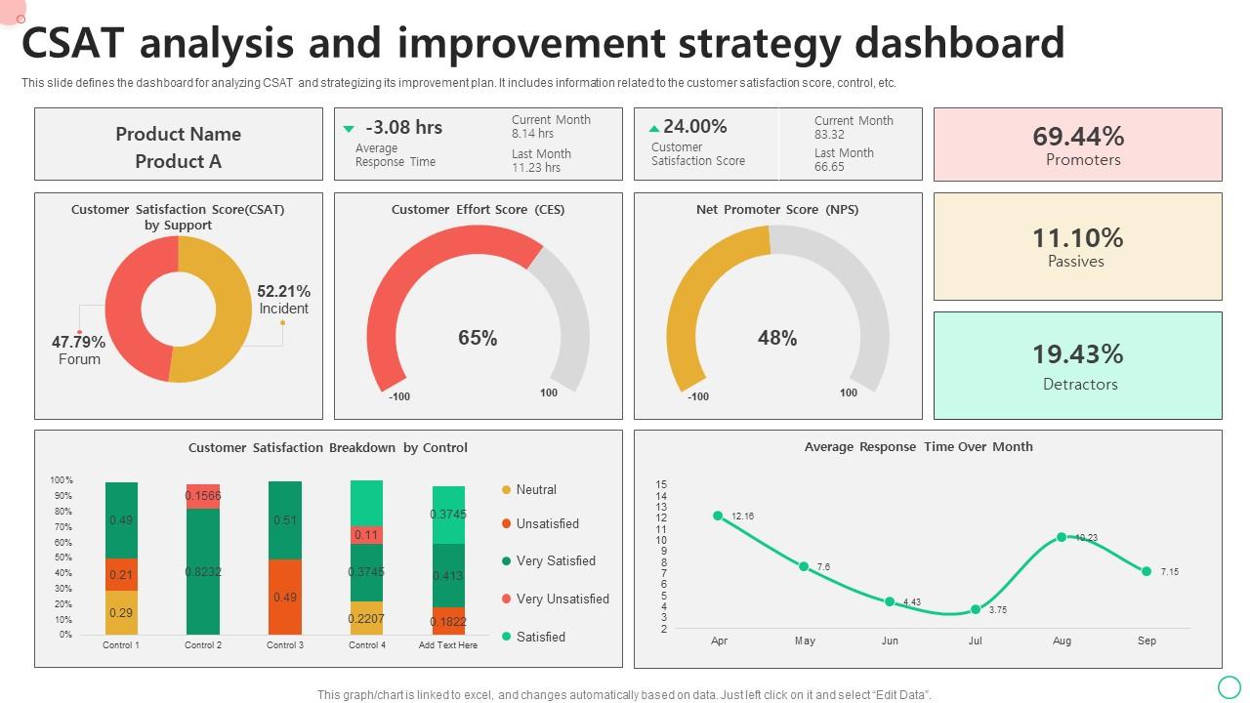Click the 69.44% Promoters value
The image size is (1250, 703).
click(x=1078, y=137)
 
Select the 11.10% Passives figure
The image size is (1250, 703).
click(x=1078, y=238)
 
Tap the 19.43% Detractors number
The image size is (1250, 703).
click(x=1078, y=353)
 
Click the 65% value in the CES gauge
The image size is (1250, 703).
click(x=478, y=338)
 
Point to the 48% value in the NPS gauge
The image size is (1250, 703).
click(x=777, y=338)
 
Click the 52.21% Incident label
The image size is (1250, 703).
click(x=283, y=300)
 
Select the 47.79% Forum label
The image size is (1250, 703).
click(x=78, y=350)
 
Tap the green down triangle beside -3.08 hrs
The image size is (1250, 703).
click(x=349, y=129)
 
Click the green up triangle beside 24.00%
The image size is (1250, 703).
click(x=653, y=128)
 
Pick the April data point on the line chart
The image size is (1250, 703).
click(x=719, y=516)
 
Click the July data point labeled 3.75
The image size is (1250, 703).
click(x=976, y=609)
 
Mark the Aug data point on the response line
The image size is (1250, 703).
click(x=1062, y=537)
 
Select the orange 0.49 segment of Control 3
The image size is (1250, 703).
click(x=285, y=597)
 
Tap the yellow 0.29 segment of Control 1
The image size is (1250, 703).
click(x=121, y=612)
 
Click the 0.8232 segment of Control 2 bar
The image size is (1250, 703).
click(x=203, y=572)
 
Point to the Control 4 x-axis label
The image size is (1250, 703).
click(x=366, y=645)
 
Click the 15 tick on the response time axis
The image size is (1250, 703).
click(x=662, y=484)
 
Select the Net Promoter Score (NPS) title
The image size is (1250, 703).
click(x=777, y=209)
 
